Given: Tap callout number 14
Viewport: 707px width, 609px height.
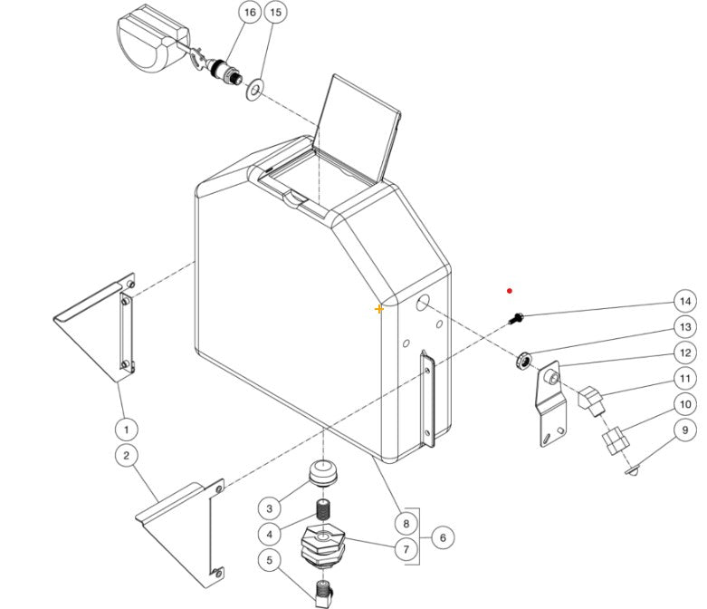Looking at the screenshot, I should pos(685,302).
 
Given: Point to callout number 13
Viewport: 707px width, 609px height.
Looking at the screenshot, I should pos(685,327).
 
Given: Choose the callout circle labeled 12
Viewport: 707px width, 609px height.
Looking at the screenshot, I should pos(685,353).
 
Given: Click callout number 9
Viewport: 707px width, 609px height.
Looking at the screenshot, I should pos(685,430).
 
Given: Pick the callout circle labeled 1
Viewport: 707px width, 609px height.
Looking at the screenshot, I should pos(127,428).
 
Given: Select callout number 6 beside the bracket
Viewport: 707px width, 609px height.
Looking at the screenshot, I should pos(443,537).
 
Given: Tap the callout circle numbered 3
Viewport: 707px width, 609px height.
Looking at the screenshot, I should pos(269,507).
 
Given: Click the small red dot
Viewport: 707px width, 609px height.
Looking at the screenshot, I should pos(511,291).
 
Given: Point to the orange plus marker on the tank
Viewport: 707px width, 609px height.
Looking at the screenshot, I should pos(379,309).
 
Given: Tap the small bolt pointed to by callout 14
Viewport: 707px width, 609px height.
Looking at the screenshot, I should pos(518,318).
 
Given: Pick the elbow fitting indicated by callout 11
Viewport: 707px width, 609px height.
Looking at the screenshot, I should pos(589,399).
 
